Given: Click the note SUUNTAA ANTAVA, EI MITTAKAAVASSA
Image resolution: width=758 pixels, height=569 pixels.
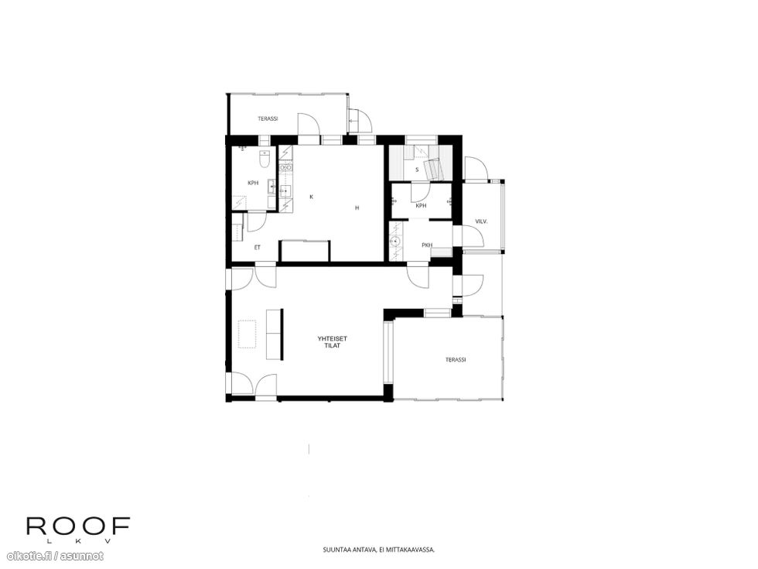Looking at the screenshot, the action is point(379,550).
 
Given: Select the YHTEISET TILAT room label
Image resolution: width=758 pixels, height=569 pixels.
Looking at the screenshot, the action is point(333,342).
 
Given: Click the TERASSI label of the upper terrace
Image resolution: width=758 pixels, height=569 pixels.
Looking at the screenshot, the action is point(268,118).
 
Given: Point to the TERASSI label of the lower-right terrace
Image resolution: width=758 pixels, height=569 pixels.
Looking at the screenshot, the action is point(456,360).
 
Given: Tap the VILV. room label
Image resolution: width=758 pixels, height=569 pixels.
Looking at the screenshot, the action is point(481,221).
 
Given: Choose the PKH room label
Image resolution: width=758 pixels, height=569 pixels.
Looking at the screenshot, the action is point(427,245).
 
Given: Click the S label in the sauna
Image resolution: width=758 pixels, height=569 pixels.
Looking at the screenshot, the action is point(417,170).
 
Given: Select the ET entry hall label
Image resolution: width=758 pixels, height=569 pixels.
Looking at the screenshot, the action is point(257,248).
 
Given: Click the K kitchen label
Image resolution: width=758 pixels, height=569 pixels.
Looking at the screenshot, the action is point(311,197).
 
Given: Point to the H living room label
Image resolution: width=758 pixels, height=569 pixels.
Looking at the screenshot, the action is point(357,208).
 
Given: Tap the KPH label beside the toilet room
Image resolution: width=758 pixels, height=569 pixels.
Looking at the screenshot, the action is point(253,183).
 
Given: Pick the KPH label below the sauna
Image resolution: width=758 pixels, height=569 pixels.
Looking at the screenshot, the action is point(421,206).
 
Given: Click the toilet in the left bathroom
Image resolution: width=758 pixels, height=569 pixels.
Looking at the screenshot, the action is point(264,159).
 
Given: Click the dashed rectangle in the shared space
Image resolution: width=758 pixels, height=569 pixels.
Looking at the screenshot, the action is point(247,334).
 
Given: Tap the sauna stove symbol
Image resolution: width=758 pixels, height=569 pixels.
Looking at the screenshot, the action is point(433,168).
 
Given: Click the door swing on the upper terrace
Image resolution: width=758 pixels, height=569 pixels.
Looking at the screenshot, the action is point(309,125).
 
